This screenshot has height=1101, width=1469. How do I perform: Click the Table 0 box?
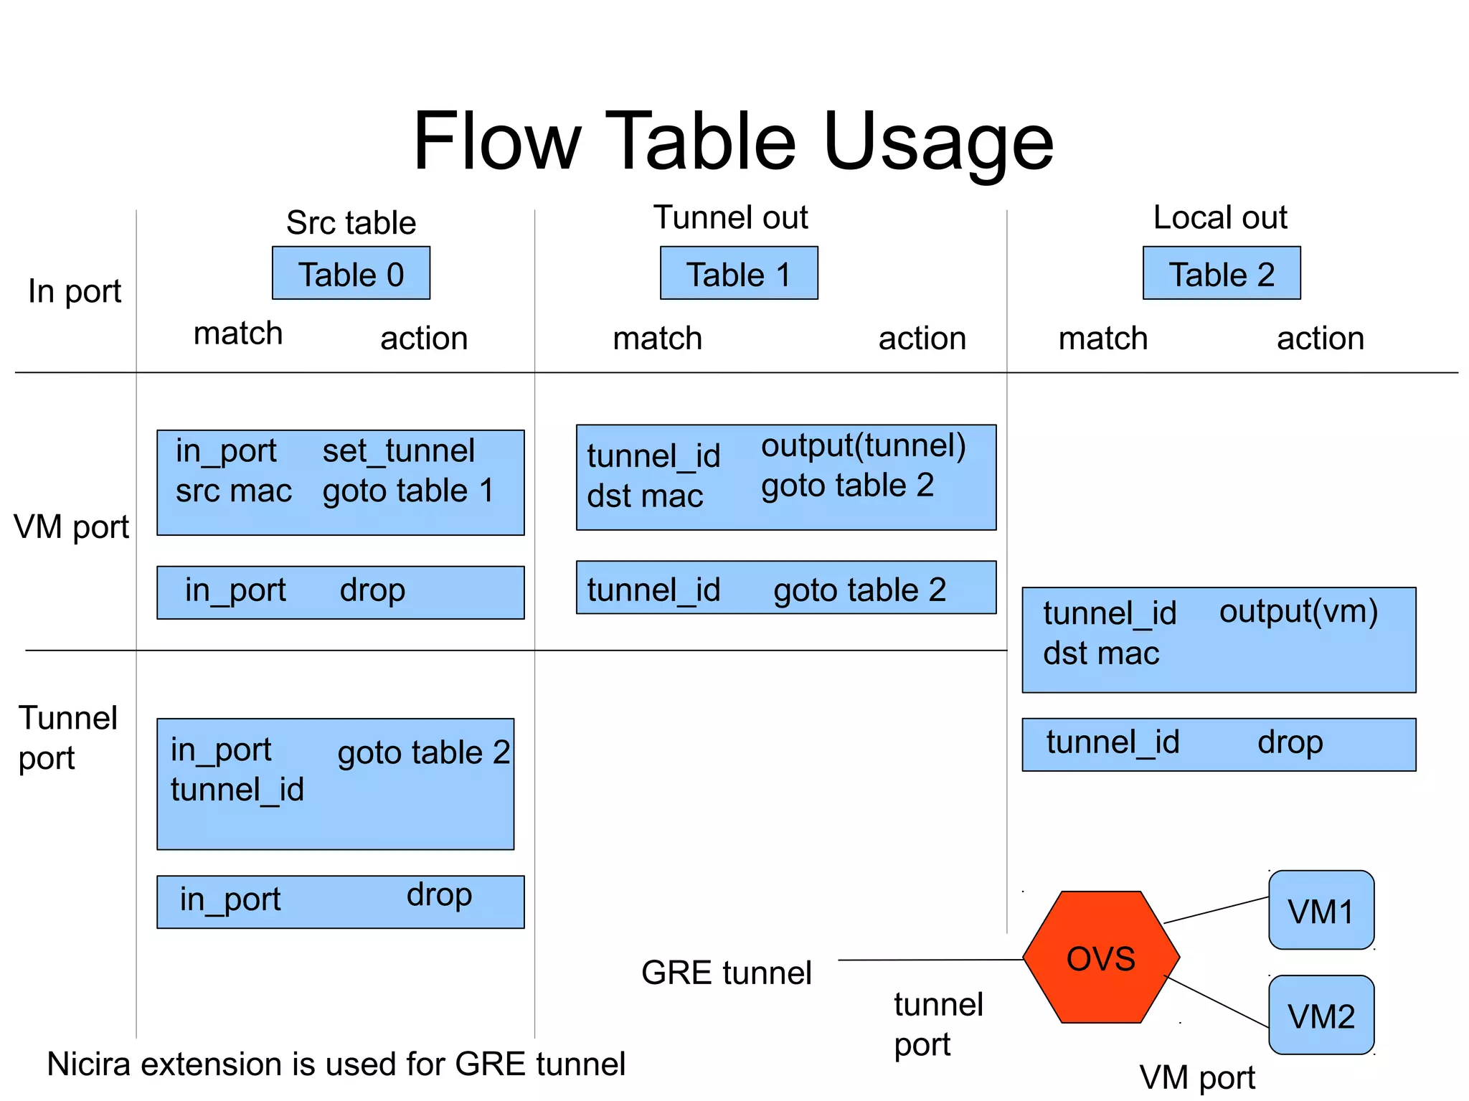[351, 273]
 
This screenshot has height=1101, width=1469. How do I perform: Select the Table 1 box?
[738, 273]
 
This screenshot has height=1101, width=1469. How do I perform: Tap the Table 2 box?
[1221, 273]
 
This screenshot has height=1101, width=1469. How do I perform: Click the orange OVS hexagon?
[1100, 958]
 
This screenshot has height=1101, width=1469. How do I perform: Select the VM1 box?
[1321, 911]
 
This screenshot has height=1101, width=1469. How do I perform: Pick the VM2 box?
[1321, 1015]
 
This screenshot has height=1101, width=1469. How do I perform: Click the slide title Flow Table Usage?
[733, 141]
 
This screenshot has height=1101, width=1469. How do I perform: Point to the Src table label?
[351, 223]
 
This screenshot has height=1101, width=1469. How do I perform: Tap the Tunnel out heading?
[730, 217]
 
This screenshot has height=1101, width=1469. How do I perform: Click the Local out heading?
[1219, 217]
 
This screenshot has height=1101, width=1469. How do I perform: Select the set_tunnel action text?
[398, 451]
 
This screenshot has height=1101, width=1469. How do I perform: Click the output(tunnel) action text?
[863, 445]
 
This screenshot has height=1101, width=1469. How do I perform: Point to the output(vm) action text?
[1298, 611]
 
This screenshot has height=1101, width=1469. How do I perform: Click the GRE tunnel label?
[726, 973]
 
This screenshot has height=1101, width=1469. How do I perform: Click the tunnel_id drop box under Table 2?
[1218, 745]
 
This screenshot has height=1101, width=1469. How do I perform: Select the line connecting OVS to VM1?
[1216, 909]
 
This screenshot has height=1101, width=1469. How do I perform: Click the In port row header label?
[75, 291]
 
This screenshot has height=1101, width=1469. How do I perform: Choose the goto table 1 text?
[408, 491]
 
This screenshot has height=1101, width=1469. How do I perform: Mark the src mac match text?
[234, 491]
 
